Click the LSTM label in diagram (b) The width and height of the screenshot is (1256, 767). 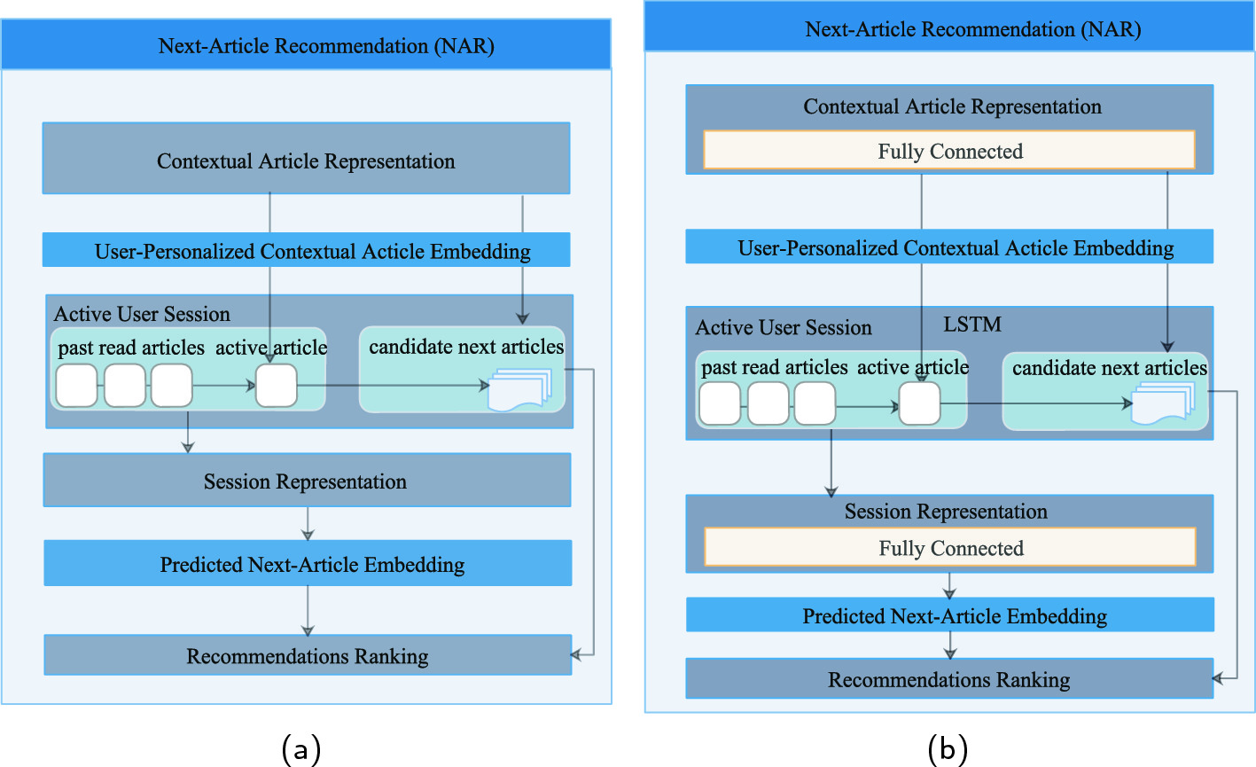point(972,325)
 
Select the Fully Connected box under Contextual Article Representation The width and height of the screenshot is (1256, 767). point(949,151)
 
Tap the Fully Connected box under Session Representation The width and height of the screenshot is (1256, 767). point(949,548)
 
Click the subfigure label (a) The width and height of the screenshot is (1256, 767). point(300,749)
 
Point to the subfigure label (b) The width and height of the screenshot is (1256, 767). point(947,749)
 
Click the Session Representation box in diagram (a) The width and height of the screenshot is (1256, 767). point(307,481)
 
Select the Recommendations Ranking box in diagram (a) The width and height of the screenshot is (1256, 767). point(307,656)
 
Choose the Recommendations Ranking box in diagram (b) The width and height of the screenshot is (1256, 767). point(948,679)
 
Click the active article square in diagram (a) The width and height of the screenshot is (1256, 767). point(277,387)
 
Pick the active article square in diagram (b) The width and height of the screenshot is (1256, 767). point(919,404)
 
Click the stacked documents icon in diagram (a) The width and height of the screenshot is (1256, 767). point(520,389)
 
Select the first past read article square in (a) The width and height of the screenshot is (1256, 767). point(77,387)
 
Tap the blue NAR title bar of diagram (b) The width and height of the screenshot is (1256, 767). point(948,29)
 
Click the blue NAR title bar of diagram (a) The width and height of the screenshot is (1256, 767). point(306,46)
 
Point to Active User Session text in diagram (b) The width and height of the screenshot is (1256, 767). point(784,328)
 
